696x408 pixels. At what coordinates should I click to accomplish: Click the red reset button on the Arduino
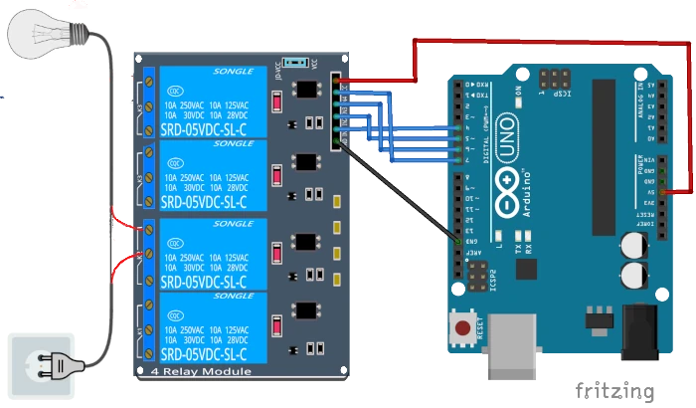(462, 327)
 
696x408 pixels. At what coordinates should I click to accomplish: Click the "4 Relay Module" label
(201, 372)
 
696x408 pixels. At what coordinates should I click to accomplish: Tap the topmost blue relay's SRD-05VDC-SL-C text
(203, 127)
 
